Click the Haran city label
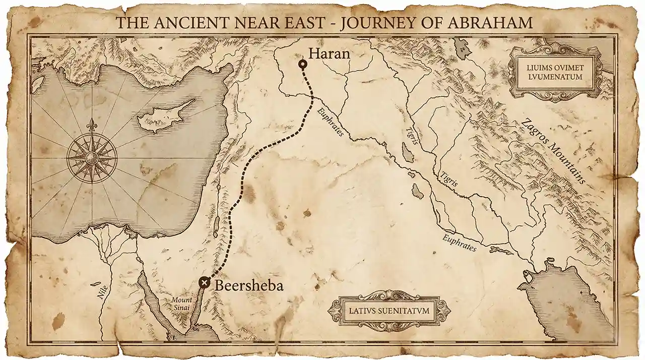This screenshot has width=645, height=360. (x=329, y=53)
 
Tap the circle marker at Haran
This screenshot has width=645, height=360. (x=302, y=64)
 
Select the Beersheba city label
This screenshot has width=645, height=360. (x=249, y=285)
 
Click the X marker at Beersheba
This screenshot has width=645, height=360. (x=204, y=282)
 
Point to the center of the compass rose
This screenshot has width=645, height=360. (x=92, y=158)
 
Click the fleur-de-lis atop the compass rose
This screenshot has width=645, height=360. (x=92, y=124)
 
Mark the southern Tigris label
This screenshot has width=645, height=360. (x=449, y=179)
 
